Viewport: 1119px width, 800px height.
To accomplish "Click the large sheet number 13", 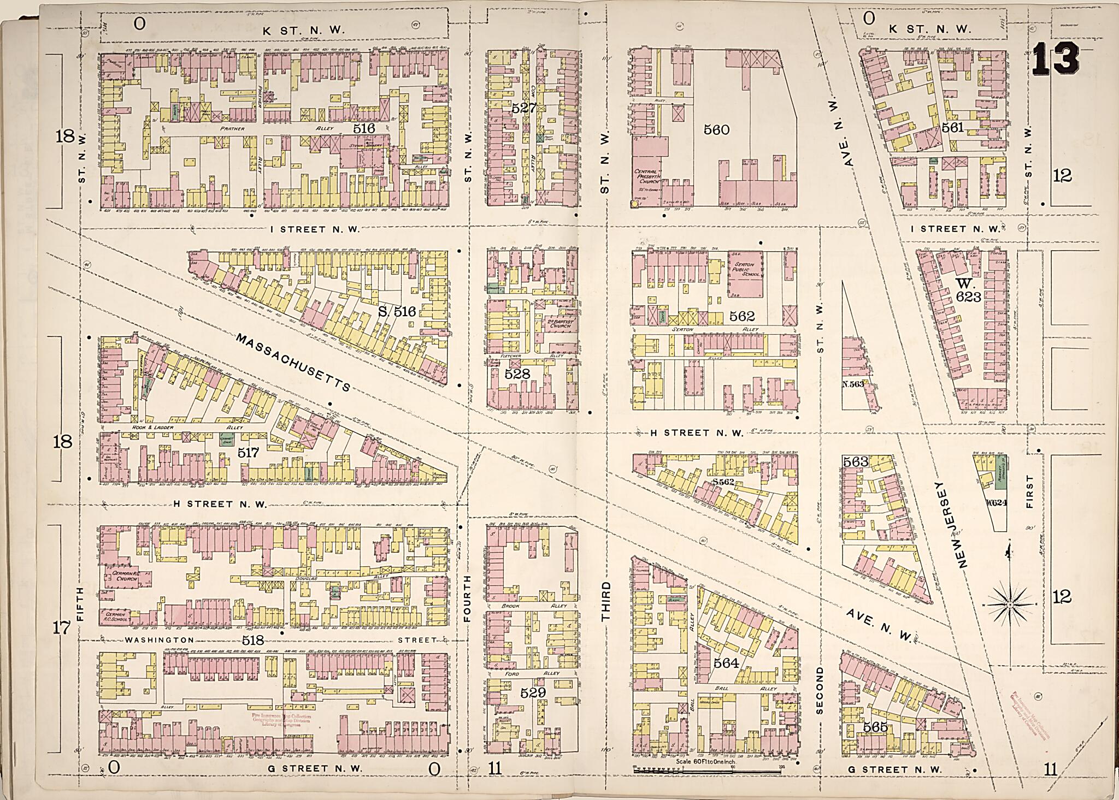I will click(x=1055, y=58).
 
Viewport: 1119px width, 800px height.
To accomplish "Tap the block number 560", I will click(x=716, y=130).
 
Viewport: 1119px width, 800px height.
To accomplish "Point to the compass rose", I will click(x=1010, y=605).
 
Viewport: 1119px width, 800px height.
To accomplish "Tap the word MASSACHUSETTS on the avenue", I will click(x=293, y=363).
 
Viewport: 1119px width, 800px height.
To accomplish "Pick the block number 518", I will click(x=253, y=640).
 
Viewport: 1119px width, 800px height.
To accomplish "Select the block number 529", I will click(x=533, y=692).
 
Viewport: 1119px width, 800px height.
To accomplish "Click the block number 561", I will click(x=952, y=128).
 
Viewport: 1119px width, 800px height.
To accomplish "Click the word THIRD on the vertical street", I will click(x=605, y=601).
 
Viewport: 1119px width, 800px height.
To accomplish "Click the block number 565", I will click(x=875, y=727).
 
